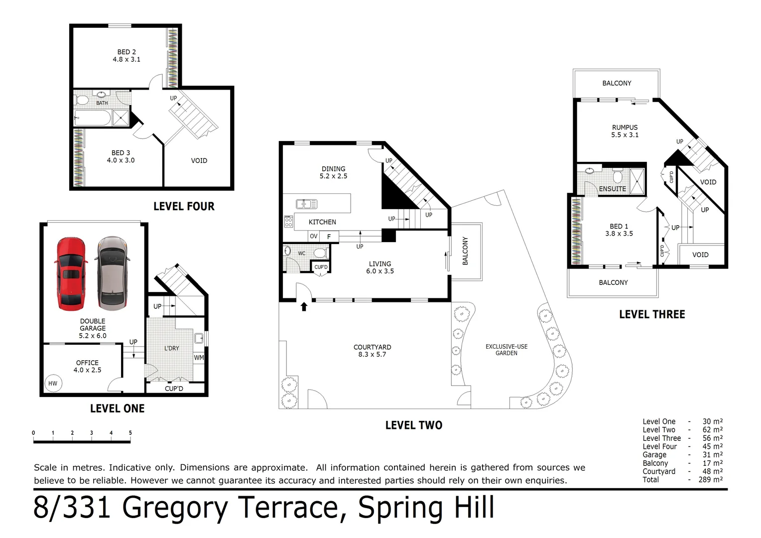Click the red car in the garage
(x=71, y=274)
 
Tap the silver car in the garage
(x=112, y=273)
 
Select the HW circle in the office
(x=53, y=384)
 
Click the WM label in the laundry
(x=199, y=358)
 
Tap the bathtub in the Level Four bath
(x=93, y=118)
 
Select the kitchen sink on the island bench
(x=306, y=204)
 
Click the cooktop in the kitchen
(x=288, y=222)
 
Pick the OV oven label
(x=314, y=236)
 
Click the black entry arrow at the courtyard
(x=304, y=306)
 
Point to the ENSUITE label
(x=612, y=189)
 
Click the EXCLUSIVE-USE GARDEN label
(x=507, y=350)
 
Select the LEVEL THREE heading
(x=652, y=314)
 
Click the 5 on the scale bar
(x=130, y=433)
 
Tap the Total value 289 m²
(x=710, y=480)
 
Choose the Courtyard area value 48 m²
(x=712, y=471)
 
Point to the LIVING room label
(x=380, y=264)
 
